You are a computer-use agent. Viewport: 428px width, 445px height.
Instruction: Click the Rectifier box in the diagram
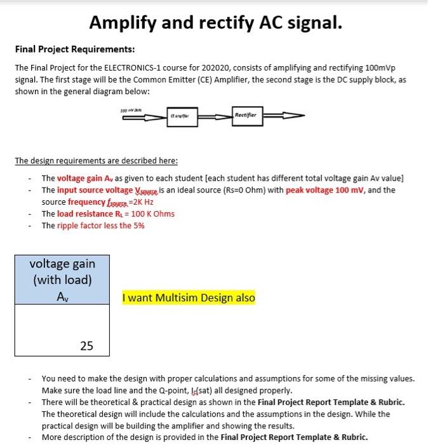[x=246, y=116]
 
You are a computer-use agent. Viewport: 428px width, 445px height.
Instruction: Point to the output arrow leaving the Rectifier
[x=283, y=116]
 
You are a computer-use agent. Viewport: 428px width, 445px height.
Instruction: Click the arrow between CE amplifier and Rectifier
[x=214, y=116]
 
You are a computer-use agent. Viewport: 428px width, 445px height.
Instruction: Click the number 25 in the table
[x=86, y=346]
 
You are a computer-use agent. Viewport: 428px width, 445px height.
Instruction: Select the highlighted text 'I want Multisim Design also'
[x=189, y=298]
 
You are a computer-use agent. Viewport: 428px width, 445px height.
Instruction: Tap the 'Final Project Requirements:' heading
[x=75, y=49]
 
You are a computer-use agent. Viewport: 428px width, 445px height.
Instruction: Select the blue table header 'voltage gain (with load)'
[x=62, y=271]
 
